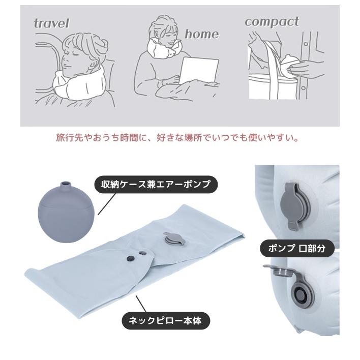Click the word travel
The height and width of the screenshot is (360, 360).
coord(51,23)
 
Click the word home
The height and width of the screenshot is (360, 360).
coord(201,34)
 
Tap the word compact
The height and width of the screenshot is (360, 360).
coord(272,22)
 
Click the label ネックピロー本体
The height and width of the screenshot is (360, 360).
coord(166,321)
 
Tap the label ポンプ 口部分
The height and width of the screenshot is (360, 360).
coord(297,249)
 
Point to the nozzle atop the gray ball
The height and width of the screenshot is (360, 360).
coord(65,184)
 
